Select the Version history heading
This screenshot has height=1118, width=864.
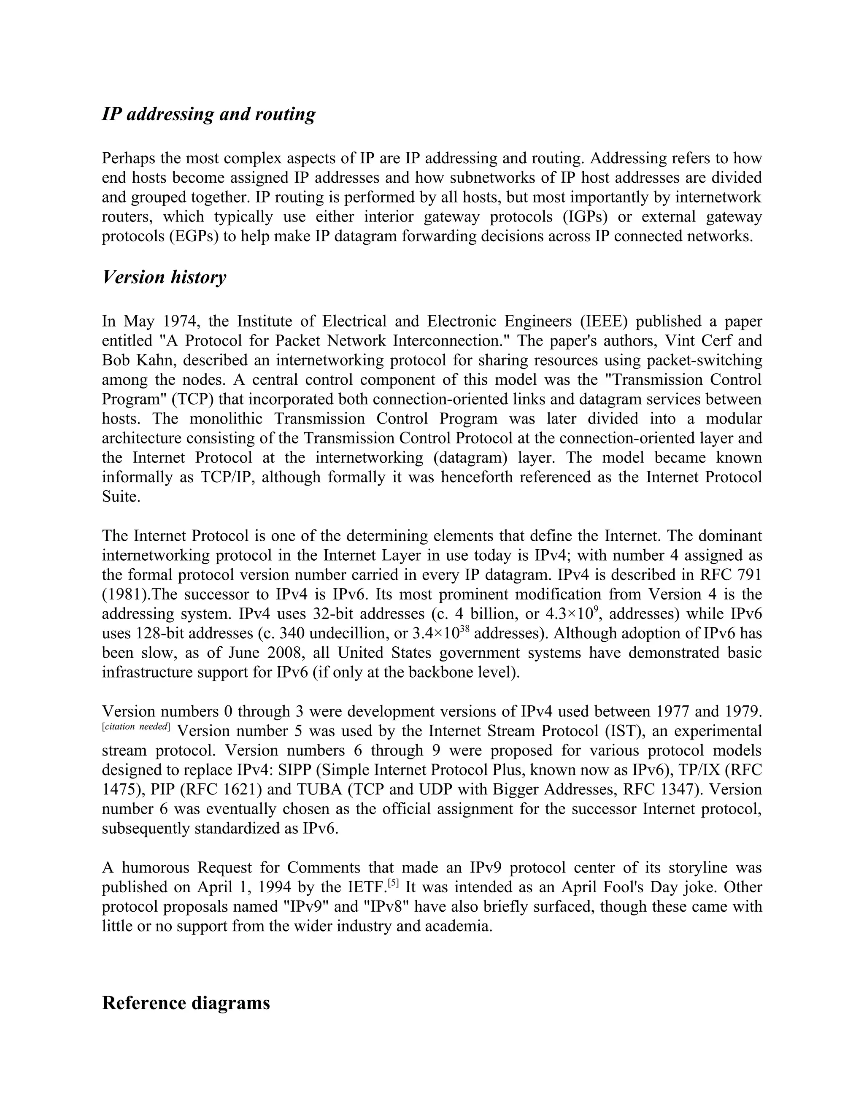click(x=164, y=278)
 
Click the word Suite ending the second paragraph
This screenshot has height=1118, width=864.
click(x=121, y=497)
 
